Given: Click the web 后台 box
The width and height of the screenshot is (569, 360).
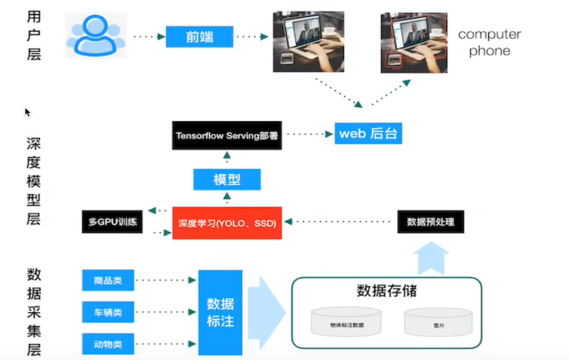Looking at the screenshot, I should tap(368, 134).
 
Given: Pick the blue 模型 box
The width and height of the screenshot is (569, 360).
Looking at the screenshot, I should tap(227, 179).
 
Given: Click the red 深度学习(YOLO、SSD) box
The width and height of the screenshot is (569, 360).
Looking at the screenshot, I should tap(227, 223).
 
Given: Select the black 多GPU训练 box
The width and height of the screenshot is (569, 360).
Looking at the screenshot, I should tap(111, 222).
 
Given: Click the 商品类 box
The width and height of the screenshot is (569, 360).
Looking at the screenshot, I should tap(108, 280).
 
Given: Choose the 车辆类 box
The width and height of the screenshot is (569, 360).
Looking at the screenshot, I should tap(108, 312).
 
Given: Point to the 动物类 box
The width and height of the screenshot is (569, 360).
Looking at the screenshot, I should tap(108, 344).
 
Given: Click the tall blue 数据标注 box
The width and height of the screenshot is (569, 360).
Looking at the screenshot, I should tap(220, 312).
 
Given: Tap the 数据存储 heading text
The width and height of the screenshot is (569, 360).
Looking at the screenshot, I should tap(386, 290).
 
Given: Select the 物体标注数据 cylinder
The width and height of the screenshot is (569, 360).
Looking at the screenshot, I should tap(346, 322).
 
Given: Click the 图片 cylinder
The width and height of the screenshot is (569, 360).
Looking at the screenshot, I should tap(438, 322).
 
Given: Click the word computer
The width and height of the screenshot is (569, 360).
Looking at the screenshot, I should tap(489, 35).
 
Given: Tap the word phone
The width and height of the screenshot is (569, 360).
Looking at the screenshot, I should tap(489, 51).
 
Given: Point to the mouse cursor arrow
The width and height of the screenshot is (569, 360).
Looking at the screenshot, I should tap(27, 112).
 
